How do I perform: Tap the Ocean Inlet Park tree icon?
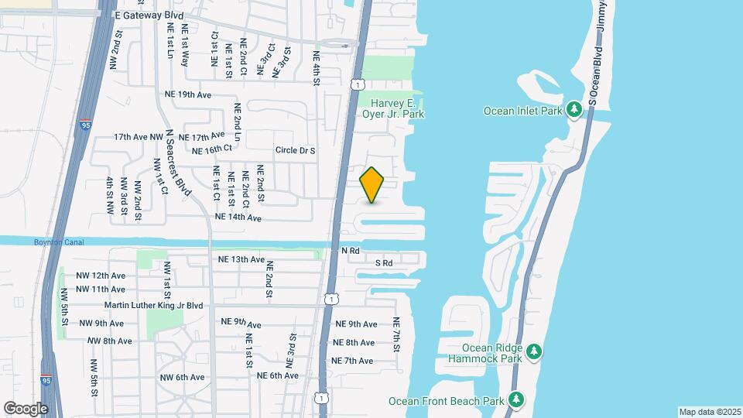click(574, 110)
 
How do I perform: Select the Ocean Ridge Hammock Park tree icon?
click(534, 353)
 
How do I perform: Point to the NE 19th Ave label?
click(188, 94)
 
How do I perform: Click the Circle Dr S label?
click(295, 150)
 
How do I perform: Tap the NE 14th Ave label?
click(238, 218)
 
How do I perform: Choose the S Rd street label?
click(384, 263)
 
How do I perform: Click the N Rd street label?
click(351, 251)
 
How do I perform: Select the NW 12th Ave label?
click(101, 276)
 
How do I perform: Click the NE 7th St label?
click(395, 334)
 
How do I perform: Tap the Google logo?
click(26, 408)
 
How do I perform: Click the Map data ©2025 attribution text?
click(709, 412)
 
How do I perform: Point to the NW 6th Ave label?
click(183, 377)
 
